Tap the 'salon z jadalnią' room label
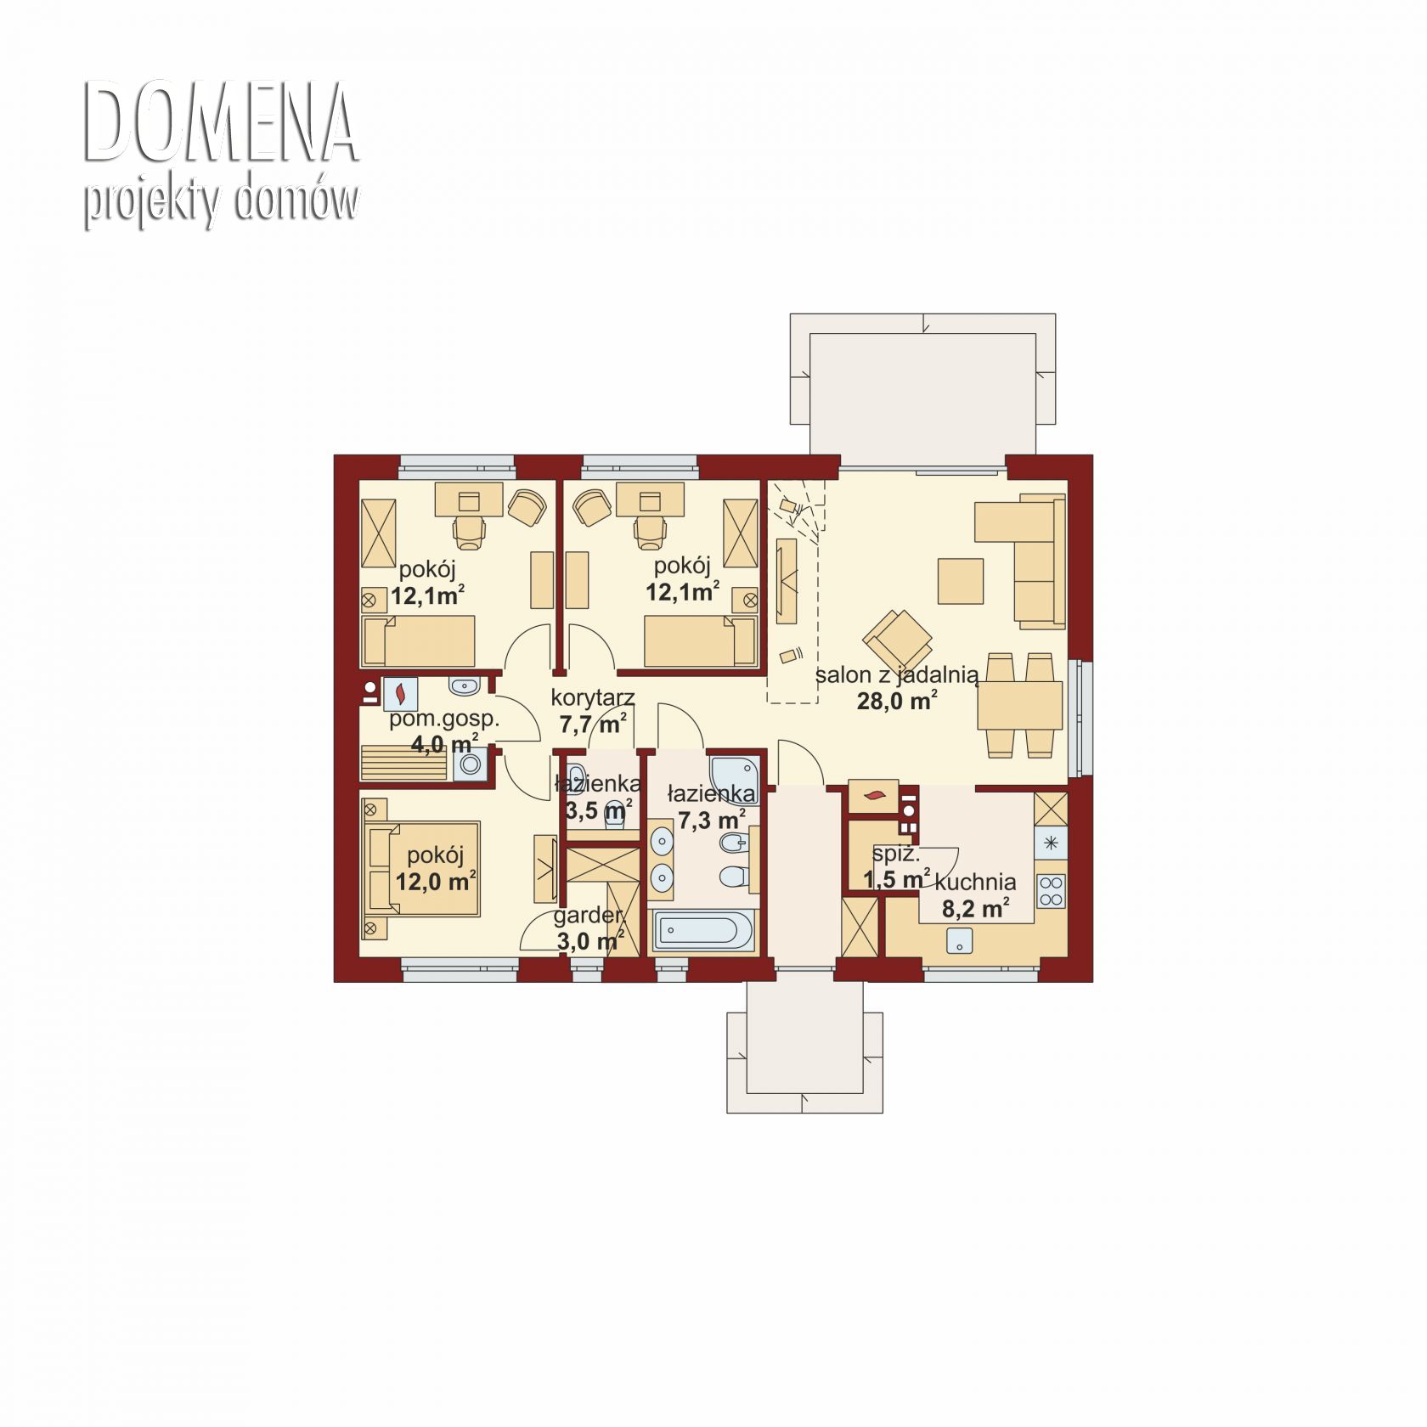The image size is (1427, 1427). point(897,675)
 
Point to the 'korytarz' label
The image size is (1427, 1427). point(593,698)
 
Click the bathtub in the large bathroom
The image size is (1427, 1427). point(702,931)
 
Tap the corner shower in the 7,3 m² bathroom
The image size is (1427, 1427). point(736,776)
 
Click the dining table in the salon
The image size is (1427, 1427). point(1019,705)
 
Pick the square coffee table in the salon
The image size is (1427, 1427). point(961,581)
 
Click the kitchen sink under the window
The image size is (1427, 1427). point(961,940)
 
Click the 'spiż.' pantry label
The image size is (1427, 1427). point(896,854)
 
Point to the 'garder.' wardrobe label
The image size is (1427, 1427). point(589,916)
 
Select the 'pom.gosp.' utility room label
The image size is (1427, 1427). point(444,719)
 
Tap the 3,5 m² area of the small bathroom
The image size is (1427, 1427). point(599,809)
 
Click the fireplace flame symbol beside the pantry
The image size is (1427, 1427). point(873,796)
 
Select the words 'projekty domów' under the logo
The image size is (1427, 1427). point(221,201)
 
